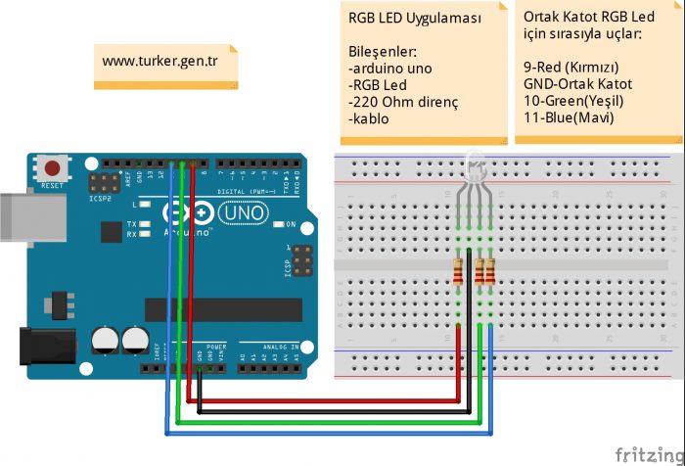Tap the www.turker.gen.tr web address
coord(160,62)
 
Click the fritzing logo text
coord(648,454)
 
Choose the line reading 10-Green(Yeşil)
coord(573,101)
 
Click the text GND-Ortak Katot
coord(578,84)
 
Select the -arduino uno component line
coord(389,69)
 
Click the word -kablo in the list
coord(368,118)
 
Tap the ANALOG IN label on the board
coord(281,347)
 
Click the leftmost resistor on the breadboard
coord(459,275)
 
